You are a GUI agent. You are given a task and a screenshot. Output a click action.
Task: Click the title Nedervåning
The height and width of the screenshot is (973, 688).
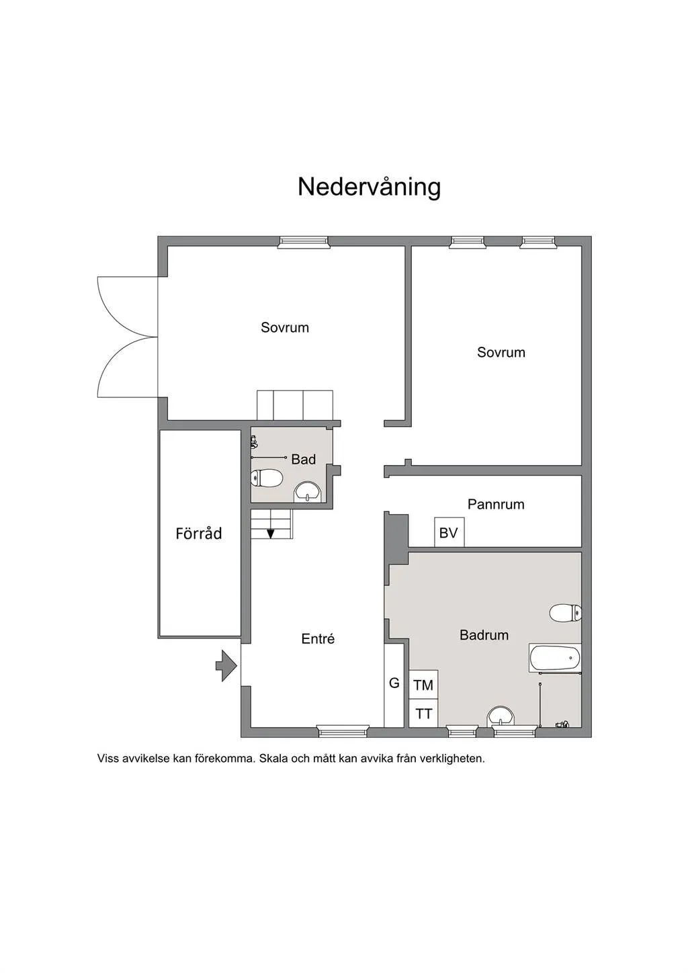coord(369,187)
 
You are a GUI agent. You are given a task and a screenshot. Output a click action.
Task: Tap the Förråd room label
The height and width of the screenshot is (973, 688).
coord(198,533)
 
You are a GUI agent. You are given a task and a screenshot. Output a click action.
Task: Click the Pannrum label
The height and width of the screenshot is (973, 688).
coord(496,504)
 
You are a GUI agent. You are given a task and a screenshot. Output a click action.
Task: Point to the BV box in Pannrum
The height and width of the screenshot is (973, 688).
coord(449,532)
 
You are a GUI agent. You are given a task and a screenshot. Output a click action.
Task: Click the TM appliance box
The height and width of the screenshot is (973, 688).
coord(423,685)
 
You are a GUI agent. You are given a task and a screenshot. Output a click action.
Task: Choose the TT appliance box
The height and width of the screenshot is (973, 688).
coord(423,713)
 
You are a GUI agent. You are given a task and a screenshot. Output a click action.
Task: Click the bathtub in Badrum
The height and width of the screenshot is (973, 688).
coord(555,658)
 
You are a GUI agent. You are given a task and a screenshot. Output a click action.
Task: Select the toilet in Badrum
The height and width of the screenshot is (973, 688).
coord(565,613)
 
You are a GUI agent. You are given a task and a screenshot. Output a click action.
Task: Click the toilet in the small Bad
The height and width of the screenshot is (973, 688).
coord(267,478)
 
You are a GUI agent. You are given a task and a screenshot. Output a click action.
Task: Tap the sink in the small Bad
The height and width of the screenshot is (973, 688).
coord(308,492)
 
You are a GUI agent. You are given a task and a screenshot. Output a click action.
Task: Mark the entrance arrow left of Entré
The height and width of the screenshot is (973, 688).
coord(226,665)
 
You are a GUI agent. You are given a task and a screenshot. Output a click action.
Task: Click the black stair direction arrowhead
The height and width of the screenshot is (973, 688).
coord(271,534)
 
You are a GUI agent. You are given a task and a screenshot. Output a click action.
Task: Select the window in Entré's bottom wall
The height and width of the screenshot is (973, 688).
coord(343,731)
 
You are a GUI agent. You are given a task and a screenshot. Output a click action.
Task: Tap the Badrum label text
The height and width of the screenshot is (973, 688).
coord(484,635)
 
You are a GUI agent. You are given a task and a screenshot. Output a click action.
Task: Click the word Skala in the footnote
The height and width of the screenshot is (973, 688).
coord(275,759)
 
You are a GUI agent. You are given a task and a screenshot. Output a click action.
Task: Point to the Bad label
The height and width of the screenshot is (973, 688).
coord(303,459)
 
